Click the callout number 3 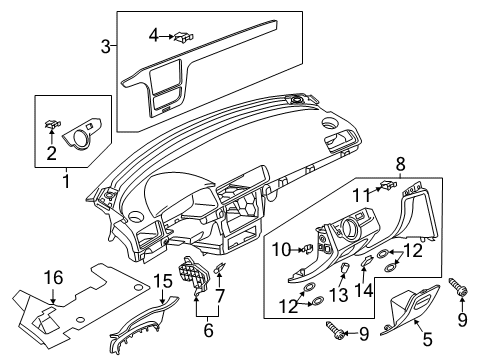[x=105, y=47]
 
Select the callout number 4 [x=154, y=35]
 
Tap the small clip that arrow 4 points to [x=184, y=37]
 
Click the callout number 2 [x=51, y=153]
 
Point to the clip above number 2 [x=53, y=125]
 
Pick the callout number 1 [x=67, y=181]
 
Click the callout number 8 [x=401, y=164]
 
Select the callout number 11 [x=362, y=195]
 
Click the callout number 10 [x=282, y=249]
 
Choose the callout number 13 [x=339, y=295]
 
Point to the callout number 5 [x=427, y=339]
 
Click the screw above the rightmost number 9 [x=459, y=287]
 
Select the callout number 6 [x=208, y=330]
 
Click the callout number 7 [x=220, y=296]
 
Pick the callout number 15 [x=163, y=281]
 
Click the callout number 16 [x=54, y=277]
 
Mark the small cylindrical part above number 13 [x=344, y=267]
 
